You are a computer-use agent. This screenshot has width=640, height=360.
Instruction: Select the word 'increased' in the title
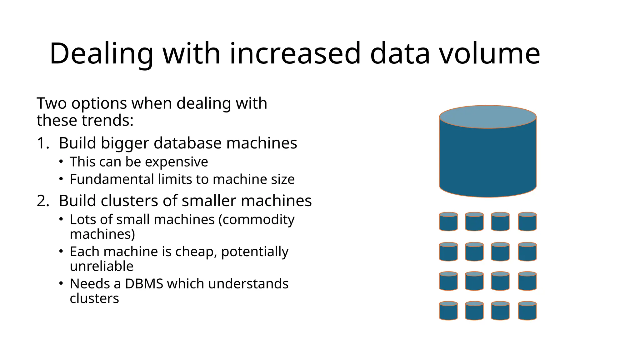[295, 53]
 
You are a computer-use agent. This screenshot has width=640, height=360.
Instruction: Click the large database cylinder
[488, 159]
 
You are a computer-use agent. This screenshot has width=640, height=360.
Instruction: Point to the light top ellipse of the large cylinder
[488, 117]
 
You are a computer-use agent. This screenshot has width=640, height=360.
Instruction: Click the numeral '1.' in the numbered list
[43, 143]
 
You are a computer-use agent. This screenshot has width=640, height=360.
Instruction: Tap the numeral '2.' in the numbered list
[43, 201]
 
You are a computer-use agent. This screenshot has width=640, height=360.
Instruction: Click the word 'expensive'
[176, 162]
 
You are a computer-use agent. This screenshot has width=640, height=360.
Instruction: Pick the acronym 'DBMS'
[144, 284]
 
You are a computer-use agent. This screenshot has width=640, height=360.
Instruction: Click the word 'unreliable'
[102, 266]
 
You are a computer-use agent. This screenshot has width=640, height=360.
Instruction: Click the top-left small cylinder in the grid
[448, 222]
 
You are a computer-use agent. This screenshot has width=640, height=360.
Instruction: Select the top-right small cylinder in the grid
[527, 222]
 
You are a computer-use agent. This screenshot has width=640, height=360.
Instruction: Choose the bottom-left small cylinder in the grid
[448, 311]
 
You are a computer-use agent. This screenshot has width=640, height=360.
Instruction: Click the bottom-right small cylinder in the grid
[527, 311]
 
